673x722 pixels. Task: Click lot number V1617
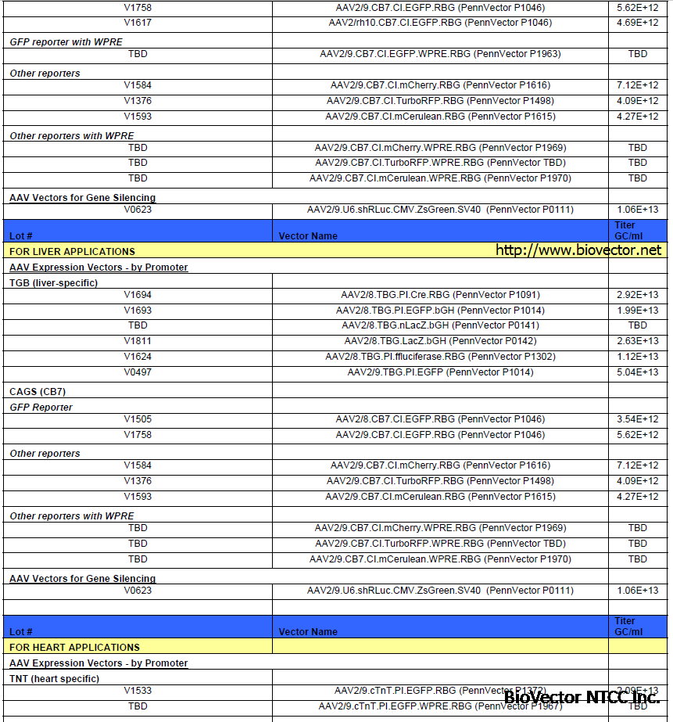coord(138,23)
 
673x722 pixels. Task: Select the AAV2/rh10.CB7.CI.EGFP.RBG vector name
coord(440,23)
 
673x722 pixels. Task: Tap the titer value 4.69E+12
coord(637,23)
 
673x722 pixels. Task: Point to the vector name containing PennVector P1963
coord(440,54)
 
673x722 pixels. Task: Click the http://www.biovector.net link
coord(578,250)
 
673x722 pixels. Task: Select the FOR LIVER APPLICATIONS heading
coord(72,251)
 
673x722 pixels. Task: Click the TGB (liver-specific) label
coord(53,282)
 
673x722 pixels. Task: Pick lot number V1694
coord(138,295)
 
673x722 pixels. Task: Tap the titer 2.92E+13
coord(637,295)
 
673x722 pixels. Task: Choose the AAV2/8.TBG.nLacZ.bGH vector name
coord(440,325)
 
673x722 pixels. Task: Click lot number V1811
coord(138,341)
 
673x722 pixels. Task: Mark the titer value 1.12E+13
coord(637,357)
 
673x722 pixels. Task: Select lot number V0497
coord(138,372)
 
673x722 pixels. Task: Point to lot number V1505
coord(138,419)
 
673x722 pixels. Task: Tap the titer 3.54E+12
coord(637,419)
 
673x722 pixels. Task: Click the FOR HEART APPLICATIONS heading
coord(74,647)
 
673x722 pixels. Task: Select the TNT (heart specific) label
coord(54,678)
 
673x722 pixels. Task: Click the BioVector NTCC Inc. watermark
coord(582,697)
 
